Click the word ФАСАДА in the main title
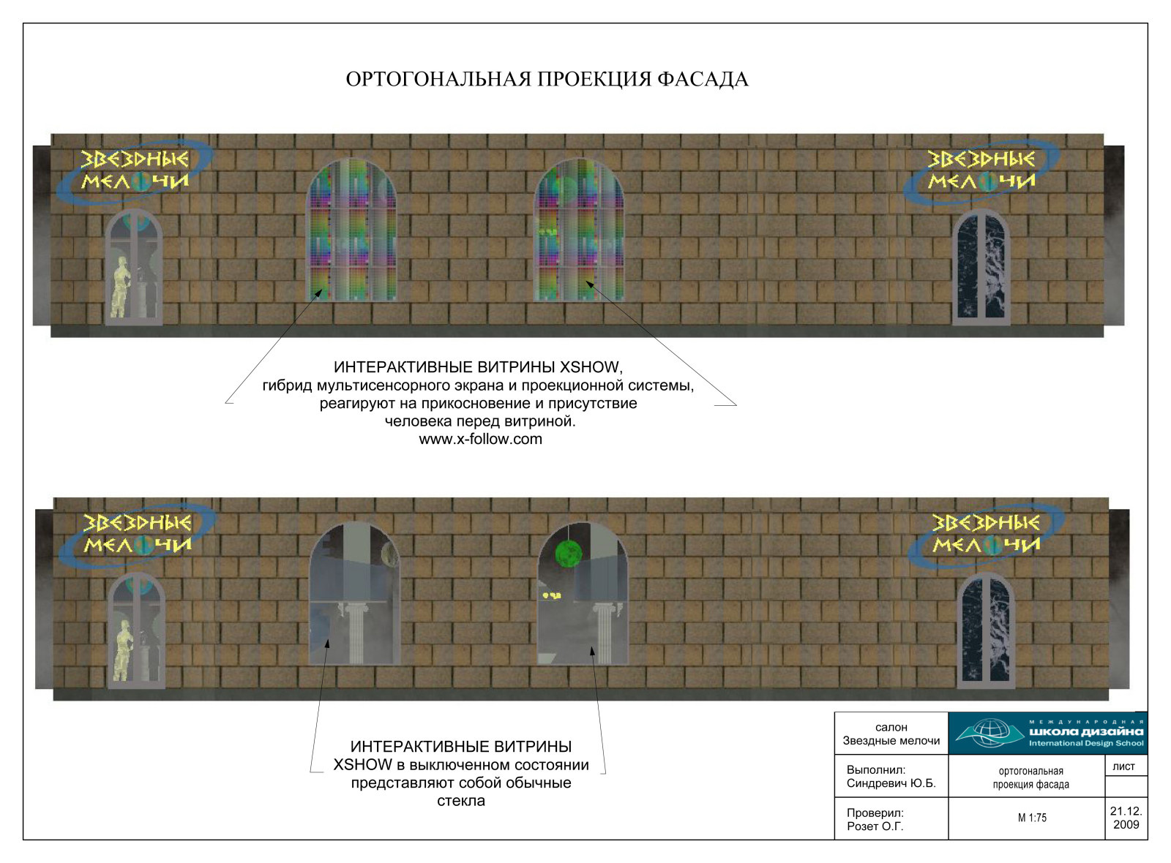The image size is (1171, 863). [x=703, y=80]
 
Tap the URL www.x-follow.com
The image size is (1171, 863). [x=480, y=439]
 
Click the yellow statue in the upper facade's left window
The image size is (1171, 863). [x=121, y=287]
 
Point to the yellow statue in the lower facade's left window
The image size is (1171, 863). [x=124, y=650]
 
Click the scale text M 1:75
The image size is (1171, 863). [x=1032, y=818]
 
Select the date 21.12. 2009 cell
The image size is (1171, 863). [x=1126, y=818]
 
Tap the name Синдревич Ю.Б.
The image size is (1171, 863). [x=891, y=783]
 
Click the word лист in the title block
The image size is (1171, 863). [x=1123, y=766]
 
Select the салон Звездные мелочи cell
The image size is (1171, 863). [x=891, y=734]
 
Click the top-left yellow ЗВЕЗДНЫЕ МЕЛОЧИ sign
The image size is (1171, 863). [x=135, y=169]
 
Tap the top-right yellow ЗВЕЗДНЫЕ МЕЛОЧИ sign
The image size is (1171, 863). [x=981, y=169]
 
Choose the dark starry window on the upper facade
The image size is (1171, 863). [x=981, y=267]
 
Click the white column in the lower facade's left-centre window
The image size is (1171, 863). [x=355, y=633]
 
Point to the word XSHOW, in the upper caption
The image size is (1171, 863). [x=591, y=367]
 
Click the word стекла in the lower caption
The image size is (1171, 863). [x=460, y=801]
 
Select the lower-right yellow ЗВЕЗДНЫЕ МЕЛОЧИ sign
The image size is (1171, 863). [x=987, y=533]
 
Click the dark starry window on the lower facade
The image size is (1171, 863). [x=986, y=630]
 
